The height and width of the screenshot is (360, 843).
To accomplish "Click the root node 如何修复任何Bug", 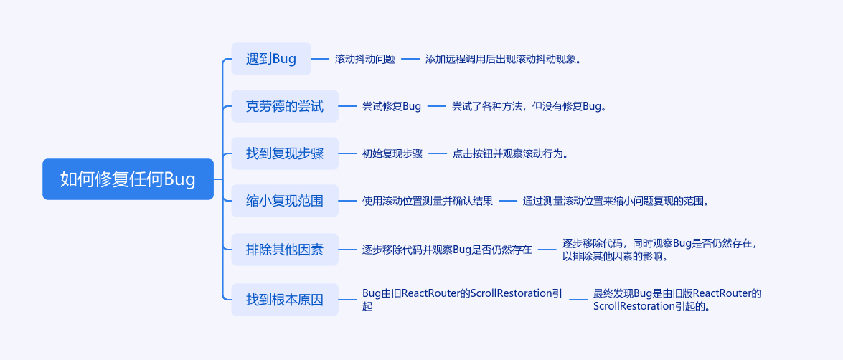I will (128, 179).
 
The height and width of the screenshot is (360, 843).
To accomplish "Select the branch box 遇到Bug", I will (271, 59).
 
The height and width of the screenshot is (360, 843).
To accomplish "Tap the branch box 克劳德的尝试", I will (285, 106).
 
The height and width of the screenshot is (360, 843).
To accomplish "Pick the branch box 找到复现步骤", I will (285, 153).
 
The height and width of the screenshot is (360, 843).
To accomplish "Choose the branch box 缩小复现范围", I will (285, 201).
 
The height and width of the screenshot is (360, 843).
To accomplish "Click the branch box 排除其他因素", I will (285, 250).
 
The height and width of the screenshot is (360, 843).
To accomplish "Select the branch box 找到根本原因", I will (285, 300).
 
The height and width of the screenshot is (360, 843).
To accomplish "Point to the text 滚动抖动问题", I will (365, 60).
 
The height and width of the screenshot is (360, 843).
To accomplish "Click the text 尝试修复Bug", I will (392, 107).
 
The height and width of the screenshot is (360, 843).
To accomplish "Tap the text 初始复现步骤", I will (392, 154).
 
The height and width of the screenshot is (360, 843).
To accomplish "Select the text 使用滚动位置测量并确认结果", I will (428, 202).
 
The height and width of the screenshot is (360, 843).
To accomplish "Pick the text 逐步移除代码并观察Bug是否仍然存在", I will (447, 250).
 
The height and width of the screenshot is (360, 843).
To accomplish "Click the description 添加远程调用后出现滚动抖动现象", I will (502, 60).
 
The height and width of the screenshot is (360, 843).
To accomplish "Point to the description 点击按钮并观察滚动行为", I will (509, 154).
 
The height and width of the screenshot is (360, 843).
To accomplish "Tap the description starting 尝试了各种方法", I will (529, 107).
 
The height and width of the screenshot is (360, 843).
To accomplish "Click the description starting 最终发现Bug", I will (677, 300).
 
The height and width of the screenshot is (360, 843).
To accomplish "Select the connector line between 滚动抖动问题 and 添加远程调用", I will (410, 60).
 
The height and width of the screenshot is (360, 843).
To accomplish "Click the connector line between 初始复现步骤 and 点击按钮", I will (438, 154).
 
